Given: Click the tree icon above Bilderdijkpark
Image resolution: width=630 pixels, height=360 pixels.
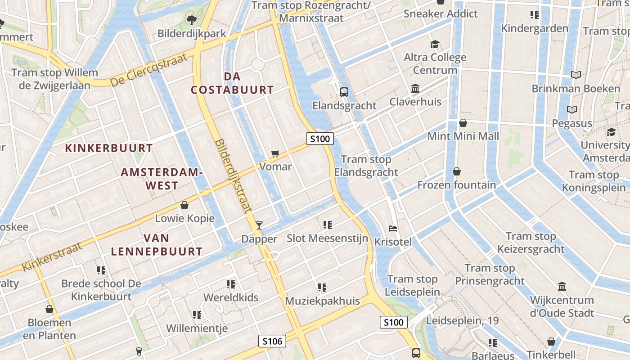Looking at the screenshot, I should click(x=192, y=20).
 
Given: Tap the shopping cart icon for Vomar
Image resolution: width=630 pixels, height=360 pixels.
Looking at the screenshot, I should click(x=275, y=153).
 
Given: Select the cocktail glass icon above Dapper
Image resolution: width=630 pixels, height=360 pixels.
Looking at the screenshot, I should click(x=259, y=225).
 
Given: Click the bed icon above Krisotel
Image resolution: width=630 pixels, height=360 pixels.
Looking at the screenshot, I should click(x=393, y=229).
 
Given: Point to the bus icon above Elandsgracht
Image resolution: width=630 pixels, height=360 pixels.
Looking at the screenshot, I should click(x=344, y=92).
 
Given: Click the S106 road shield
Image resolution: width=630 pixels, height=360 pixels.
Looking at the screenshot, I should click(x=273, y=341).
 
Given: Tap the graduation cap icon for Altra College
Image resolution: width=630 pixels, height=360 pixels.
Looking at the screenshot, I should click(x=435, y=44).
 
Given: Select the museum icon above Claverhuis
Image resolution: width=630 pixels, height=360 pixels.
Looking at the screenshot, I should click(x=415, y=88).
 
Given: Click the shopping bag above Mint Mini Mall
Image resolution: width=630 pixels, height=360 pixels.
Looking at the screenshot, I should click(x=463, y=123).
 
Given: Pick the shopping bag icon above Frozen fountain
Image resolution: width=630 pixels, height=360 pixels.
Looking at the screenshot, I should click(x=457, y=171).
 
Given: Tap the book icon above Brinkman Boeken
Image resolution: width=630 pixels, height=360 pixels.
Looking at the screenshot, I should click(x=576, y=75).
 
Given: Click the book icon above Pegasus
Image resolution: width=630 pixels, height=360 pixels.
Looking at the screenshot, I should click(x=572, y=109).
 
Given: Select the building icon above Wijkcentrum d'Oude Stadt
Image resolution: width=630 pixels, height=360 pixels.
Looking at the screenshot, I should click(x=562, y=286).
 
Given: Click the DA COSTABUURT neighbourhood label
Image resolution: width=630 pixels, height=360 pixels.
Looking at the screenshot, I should click(x=232, y=83).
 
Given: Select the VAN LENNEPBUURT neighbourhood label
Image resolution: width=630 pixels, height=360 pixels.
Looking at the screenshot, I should click(x=157, y=245).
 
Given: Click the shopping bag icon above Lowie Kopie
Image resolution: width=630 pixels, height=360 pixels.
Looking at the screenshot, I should click(x=184, y=206).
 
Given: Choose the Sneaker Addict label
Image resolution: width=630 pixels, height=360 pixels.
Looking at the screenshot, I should click(x=441, y=13).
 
